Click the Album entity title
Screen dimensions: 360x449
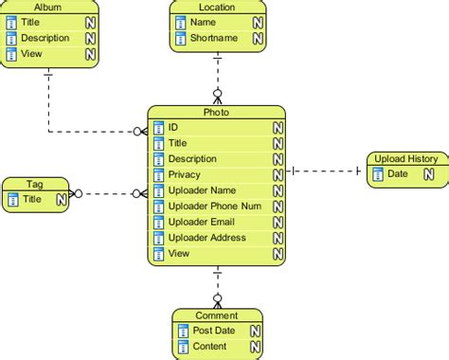[x=47, y=7]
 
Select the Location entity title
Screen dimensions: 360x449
[x=217, y=7]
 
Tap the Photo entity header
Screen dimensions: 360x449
[x=216, y=113]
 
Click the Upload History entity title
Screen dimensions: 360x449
[x=405, y=158]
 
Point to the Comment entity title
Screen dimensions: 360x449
[x=216, y=315]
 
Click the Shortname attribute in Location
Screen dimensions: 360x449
[x=213, y=38]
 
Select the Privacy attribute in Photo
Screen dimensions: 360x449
[x=187, y=175]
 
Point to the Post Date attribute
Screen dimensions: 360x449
[x=215, y=331]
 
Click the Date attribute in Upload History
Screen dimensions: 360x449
[x=398, y=173]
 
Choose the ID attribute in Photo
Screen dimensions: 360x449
[x=174, y=127]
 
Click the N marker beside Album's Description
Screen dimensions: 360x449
[x=89, y=39]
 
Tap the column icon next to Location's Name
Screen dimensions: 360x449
[x=180, y=22]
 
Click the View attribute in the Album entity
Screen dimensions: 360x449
[x=31, y=55]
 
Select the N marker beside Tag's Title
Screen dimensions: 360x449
[x=61, y=199]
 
